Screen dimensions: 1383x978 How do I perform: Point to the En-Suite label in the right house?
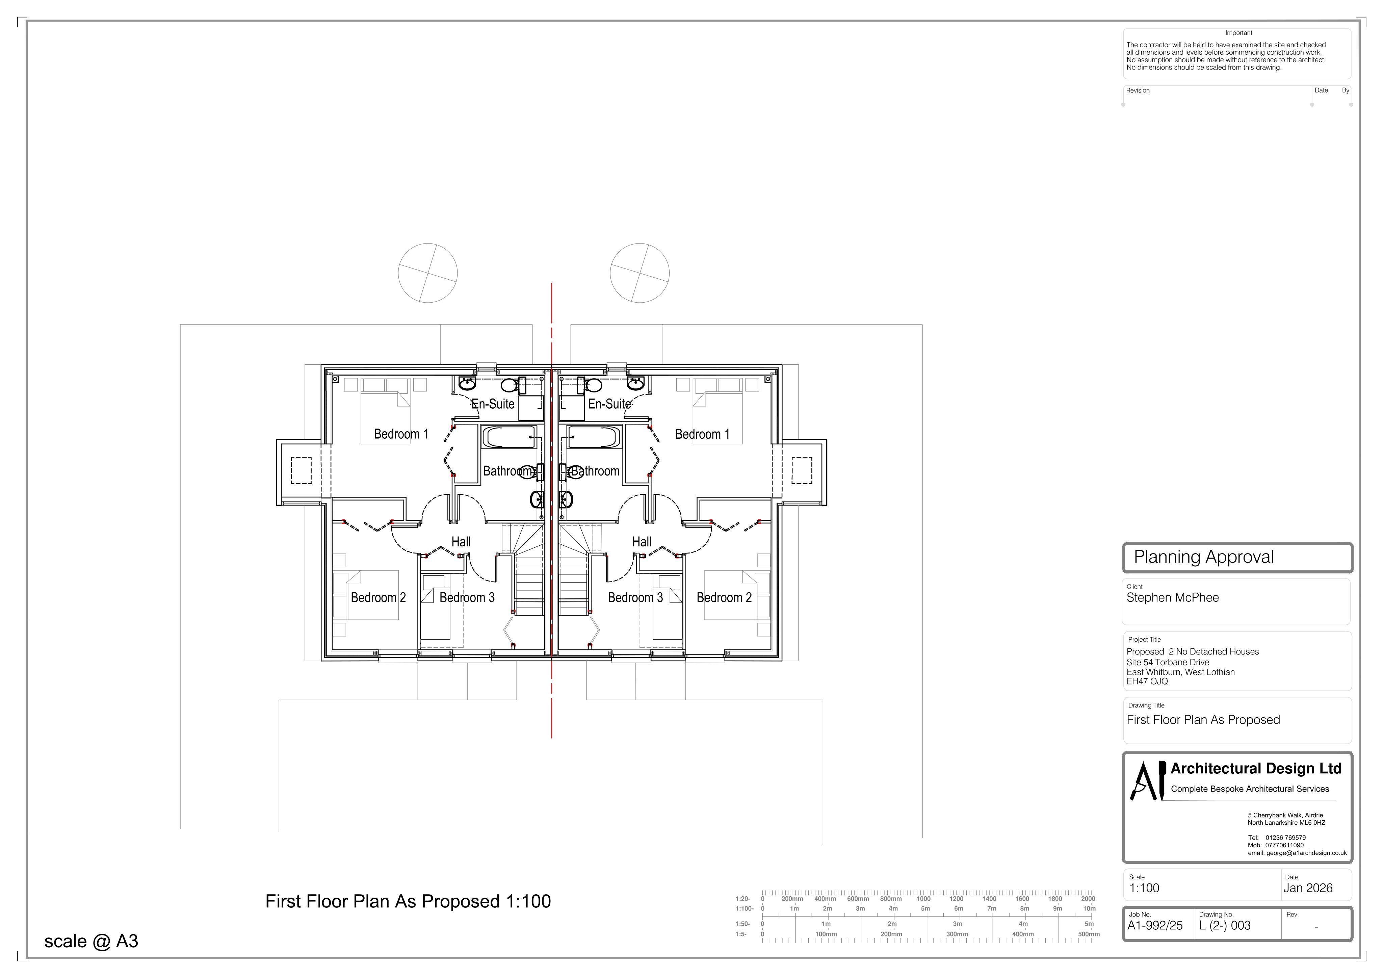click(609, 404)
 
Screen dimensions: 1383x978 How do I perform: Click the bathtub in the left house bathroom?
click(510, 437)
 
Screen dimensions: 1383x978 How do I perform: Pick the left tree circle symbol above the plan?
click(428, 273)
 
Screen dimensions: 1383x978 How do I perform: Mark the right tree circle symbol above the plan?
click(640, 273)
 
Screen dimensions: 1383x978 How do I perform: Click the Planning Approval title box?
click(1238, 558)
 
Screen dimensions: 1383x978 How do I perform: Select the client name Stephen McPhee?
click(1173, 598)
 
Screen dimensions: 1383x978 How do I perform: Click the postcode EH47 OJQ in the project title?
click(1147, 681)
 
